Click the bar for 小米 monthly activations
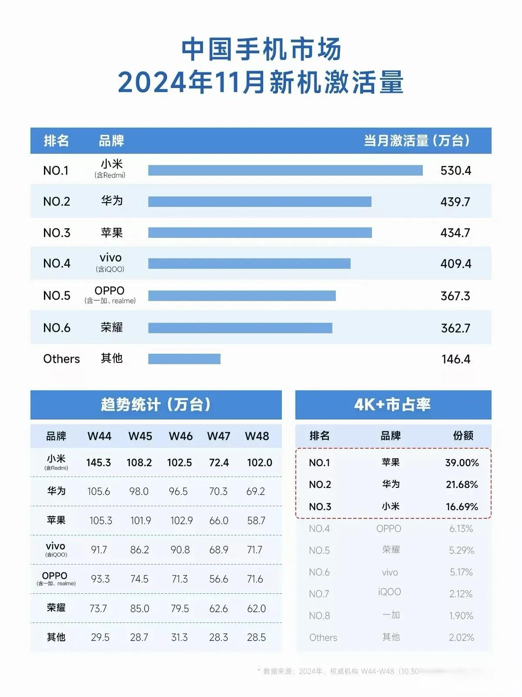(x=285, y=170)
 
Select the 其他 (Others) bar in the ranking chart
(x=184, y=359)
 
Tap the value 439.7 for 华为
(x=455, y=202)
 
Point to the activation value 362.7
(x=455, y=328)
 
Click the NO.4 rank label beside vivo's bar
(x=57, y=264)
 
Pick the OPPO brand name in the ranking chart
(x=110, y=291)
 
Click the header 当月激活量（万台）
(x=417, y=141)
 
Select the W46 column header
(x=181, y=436)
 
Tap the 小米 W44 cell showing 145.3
(x=98, y=463)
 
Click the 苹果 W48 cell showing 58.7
(x=256, y=521)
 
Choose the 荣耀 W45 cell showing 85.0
(x=140, y=609)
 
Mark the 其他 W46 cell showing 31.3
(x=179, y=637)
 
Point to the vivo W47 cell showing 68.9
(x=219, y=550)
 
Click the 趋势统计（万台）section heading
(x=156, y=405)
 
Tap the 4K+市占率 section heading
(x=392, y=405)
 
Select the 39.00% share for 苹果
(x=462, y=463)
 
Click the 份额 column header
(x=463, y=436)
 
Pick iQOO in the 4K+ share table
(x=389, y=592)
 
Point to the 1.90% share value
(x=461, y=616)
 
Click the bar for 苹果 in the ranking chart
(x=260, y=233)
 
